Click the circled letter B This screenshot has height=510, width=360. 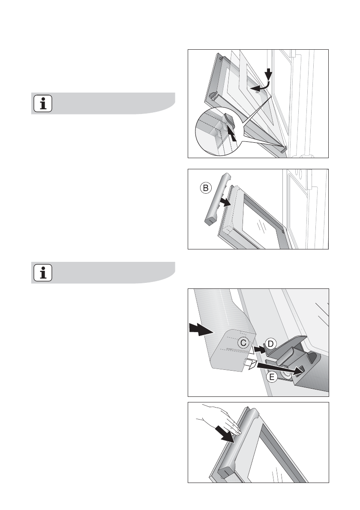click(x=206, y=188)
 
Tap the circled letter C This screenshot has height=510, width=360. click(x=243, y=343)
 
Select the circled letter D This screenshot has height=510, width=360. click(x=270, y=344)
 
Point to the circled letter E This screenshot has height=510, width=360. click(x=272, y=378)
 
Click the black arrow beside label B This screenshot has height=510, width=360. click(x=225, y=202)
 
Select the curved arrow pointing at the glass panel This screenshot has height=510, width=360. click(x=261, y=86)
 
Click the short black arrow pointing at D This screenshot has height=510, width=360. click(x=260, y=350)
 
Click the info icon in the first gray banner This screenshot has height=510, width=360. click(x=43, y=103)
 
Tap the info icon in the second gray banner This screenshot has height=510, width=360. click(x=43, y=273)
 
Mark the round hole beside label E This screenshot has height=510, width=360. click(x=287, y=375)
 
